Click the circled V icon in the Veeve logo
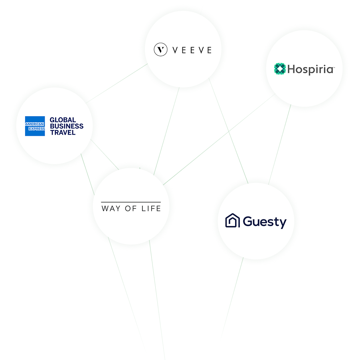[x=160, y=50]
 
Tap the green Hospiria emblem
[x=280, y=69]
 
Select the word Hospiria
[x=310, y=70]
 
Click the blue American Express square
[x=35, y=126]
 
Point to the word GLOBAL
[x=63, y=120]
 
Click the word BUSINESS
[x=67, y=126]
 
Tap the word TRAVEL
[x=63, y=133]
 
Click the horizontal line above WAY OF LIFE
[x=131, y=202]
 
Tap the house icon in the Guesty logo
[x=233, y=221]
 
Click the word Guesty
[x=265, y=222]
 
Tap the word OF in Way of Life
[x=131, y=209]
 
